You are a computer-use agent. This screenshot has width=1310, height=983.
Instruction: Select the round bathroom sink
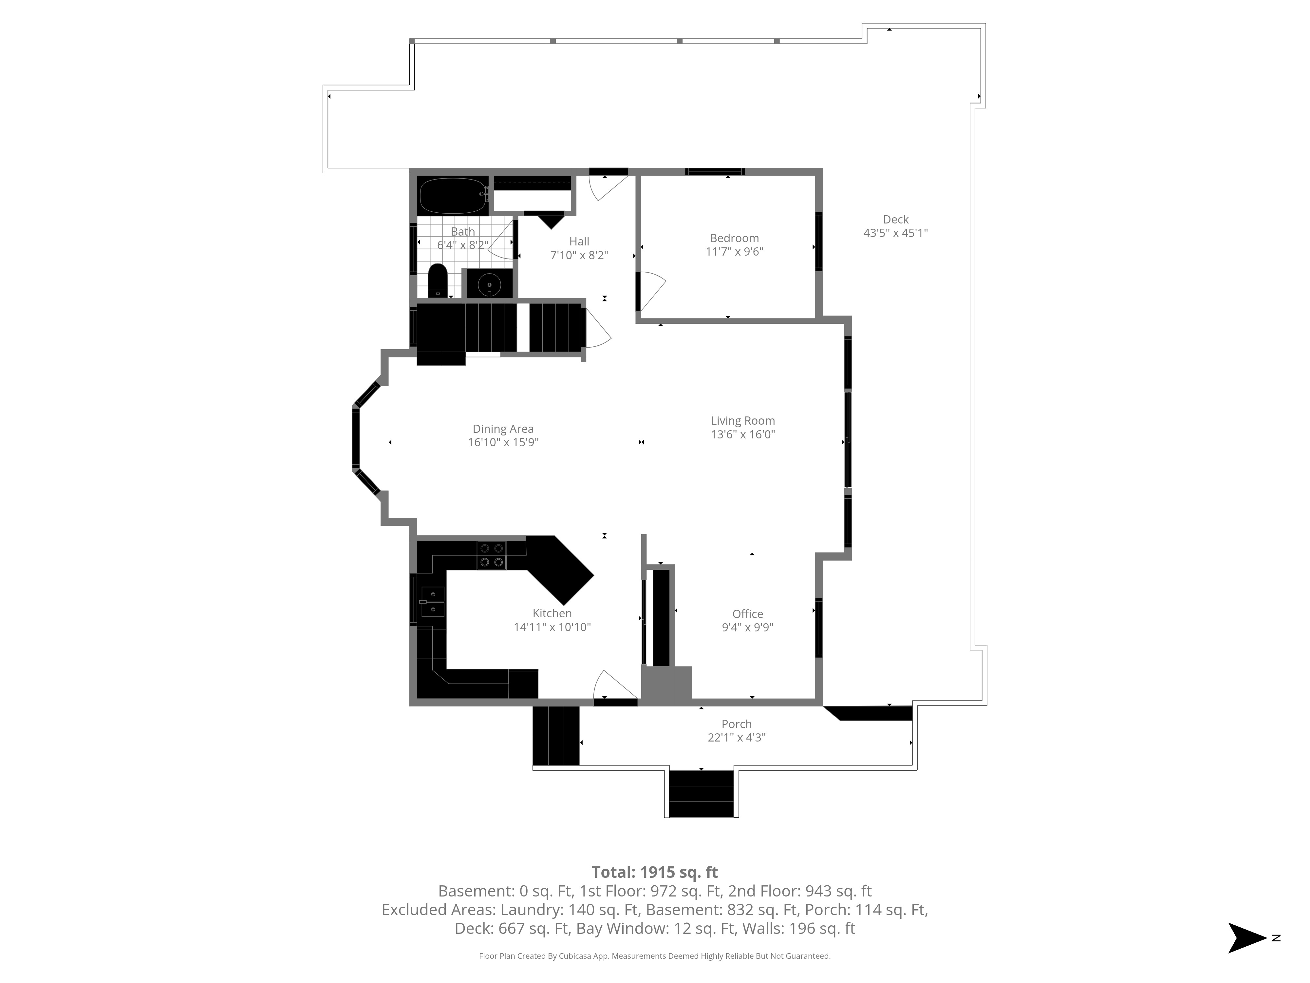490,284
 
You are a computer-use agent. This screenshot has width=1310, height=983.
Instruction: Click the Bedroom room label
734,238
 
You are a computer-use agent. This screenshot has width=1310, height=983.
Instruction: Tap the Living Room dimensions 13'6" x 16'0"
743,434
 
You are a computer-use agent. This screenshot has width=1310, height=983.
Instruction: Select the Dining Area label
503,429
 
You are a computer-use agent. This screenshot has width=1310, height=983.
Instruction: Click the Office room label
747,614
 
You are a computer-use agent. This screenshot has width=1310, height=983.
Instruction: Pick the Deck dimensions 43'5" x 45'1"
895,233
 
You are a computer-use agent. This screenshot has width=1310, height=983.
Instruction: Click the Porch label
737,724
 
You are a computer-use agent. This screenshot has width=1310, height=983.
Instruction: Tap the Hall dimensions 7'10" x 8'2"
579,255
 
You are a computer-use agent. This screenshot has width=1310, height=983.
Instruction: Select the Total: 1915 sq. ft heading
654,872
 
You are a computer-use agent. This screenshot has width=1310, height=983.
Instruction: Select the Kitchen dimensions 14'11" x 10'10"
552,627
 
